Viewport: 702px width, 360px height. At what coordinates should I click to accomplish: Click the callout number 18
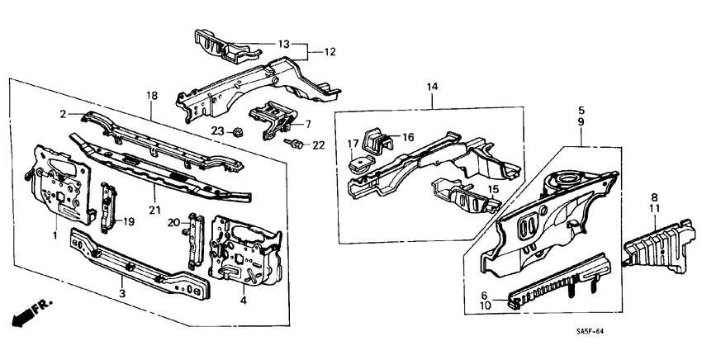point(151,96)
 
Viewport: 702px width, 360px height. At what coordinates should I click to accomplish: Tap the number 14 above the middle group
point(432,87)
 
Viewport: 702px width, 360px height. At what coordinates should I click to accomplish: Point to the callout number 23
point(217,130)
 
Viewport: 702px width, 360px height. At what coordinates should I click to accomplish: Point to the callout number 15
point(493,189)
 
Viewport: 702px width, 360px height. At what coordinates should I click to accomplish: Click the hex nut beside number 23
point(236,130)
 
